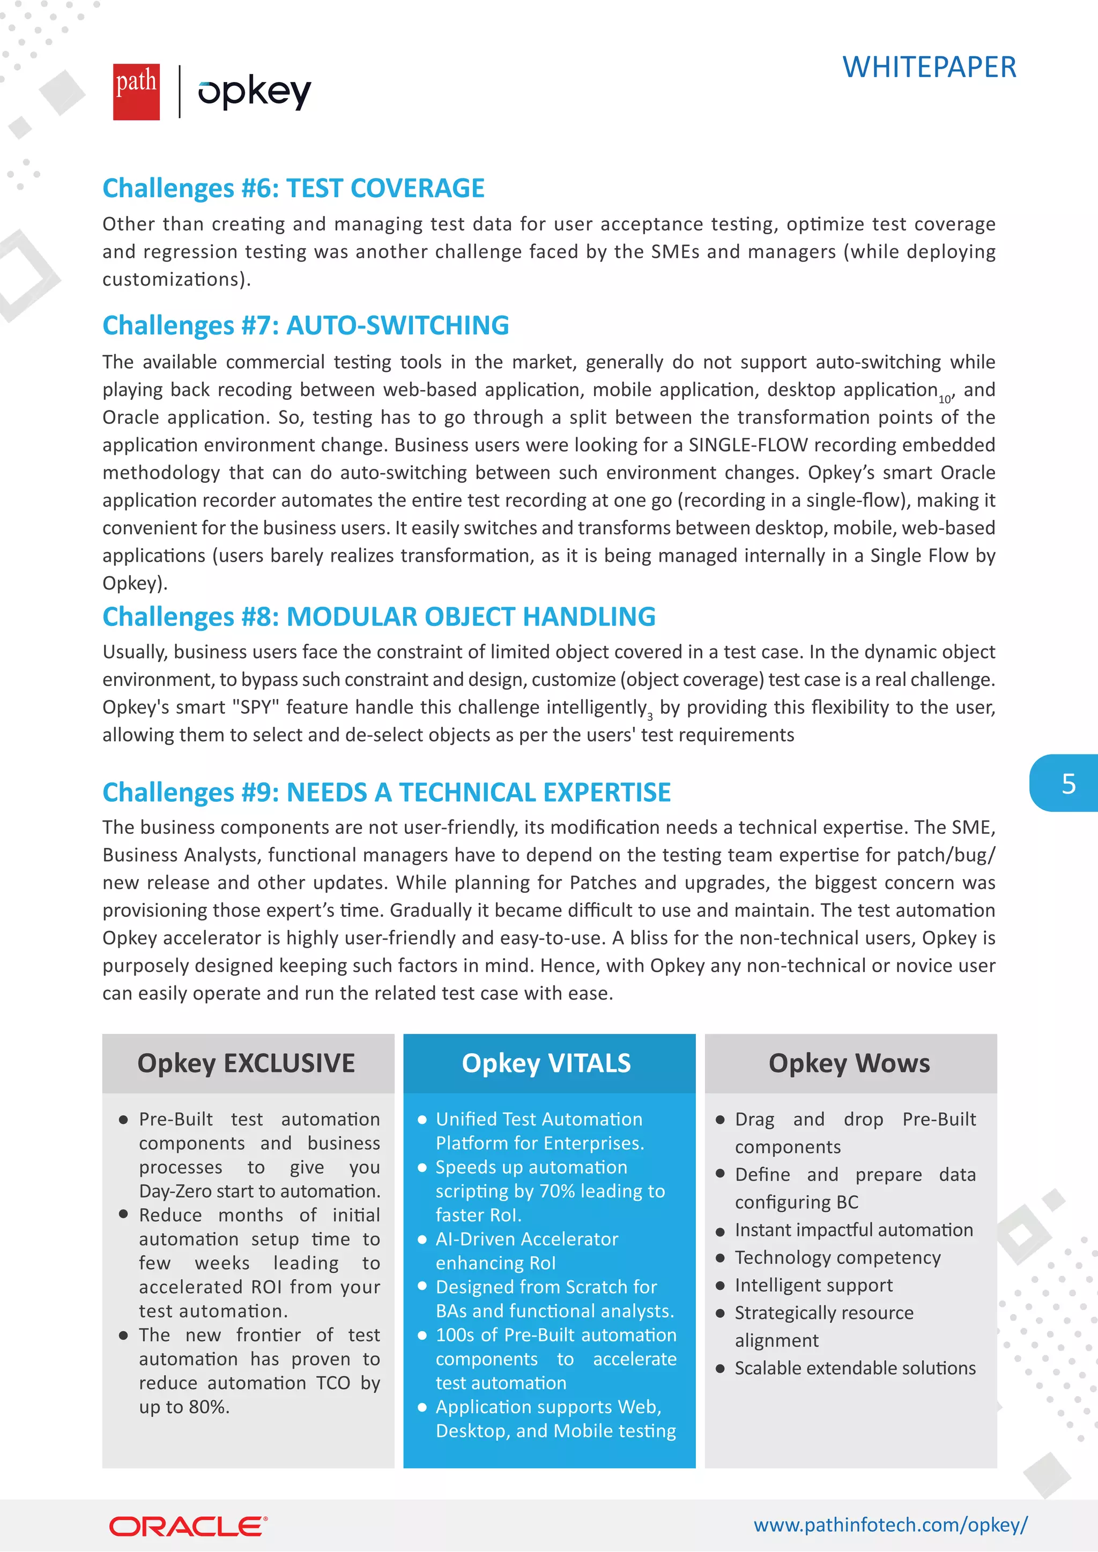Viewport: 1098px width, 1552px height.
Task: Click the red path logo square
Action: (136, 92)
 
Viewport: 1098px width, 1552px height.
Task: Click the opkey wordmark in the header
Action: (254, 92)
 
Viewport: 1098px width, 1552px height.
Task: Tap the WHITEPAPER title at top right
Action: (929, 67)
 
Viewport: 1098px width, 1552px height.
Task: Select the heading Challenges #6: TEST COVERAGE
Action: (293, 188)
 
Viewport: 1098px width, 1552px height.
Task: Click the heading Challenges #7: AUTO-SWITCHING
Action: (306, 325)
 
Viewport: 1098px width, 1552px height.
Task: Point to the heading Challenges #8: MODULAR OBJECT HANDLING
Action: (379, 616)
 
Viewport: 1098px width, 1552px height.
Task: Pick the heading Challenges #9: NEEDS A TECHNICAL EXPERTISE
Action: (386, 792)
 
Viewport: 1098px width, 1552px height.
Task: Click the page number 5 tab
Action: (1067, 784)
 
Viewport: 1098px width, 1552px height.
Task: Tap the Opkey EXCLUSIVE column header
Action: (247, 1063)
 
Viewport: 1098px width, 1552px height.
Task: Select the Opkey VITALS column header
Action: (546, 1063)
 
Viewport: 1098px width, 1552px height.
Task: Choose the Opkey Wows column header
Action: (849, 1063)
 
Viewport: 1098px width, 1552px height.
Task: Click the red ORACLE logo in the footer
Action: (188, 1526)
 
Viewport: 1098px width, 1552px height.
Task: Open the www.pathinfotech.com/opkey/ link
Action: (890, 1525)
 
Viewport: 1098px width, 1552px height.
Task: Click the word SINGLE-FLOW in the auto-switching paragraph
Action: (748, 445)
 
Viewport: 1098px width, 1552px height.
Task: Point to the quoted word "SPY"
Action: (256, 707)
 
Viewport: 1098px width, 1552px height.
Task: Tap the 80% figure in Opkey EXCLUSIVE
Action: (209, 1407)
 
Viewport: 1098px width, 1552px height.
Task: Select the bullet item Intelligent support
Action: (813, 1285)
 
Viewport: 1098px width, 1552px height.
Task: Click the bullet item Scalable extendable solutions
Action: (855, 1368)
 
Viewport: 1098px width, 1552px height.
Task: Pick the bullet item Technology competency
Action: (837, 1257)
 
